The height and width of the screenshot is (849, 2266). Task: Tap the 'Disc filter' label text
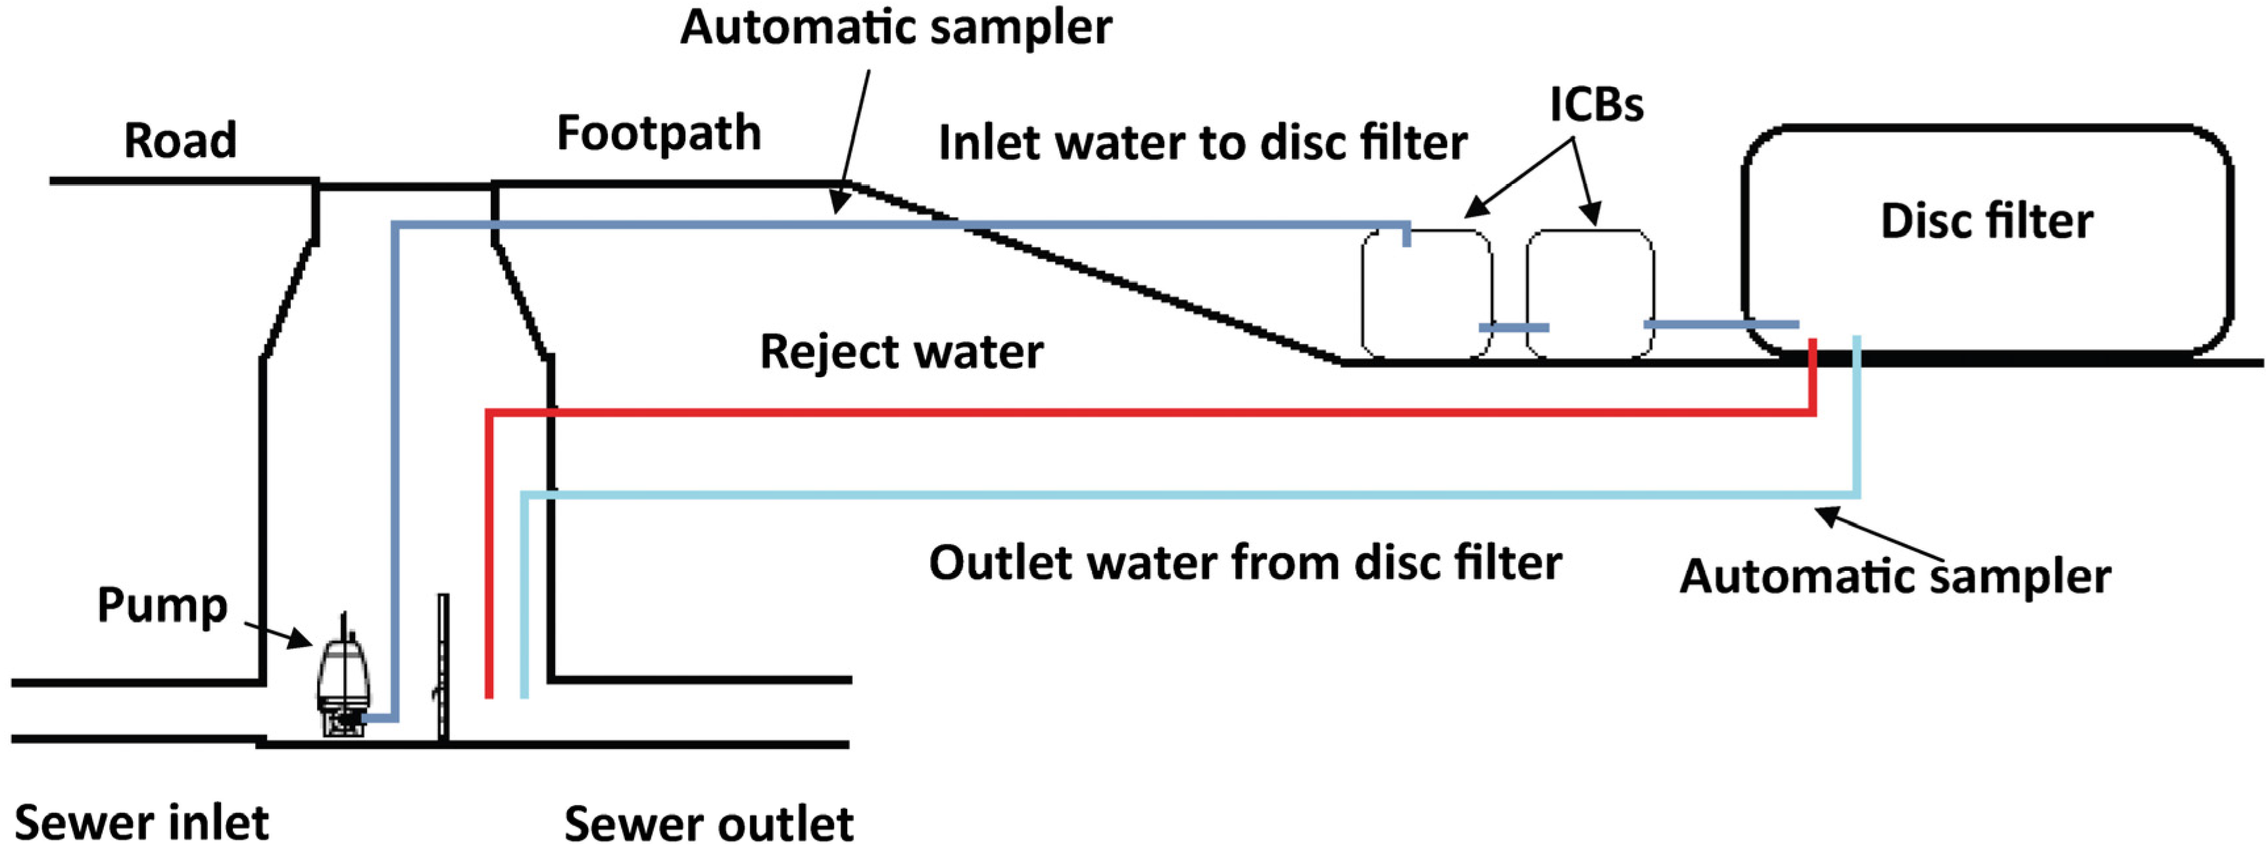1986,221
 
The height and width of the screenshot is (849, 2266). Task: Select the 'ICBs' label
1596,105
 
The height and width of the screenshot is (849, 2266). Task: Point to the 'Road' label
180,140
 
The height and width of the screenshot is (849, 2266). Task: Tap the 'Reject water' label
900,351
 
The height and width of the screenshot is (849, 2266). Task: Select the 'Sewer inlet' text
141,823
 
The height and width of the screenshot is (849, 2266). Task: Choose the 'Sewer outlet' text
708,825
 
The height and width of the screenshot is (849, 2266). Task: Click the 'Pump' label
162,604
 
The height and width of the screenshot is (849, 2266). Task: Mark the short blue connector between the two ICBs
1513,327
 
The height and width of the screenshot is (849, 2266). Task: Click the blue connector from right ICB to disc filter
1720,325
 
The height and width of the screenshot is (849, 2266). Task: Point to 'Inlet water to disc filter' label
1202,143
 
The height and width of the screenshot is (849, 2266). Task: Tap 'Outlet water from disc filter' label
1244,562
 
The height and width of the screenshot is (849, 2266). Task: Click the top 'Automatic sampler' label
895,26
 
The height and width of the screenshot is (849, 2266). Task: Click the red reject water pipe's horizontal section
1144,412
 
